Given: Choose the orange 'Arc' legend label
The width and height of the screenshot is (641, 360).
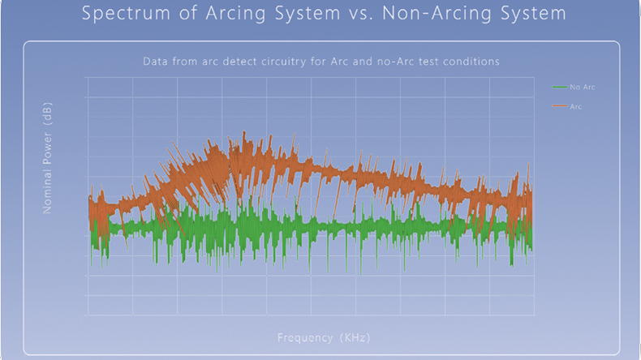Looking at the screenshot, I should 576,106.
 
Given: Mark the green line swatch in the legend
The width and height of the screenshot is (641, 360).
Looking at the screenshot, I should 559,87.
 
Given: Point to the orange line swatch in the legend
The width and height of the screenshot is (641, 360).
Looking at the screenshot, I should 559,106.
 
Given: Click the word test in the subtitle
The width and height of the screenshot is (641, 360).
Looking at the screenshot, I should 424,62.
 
